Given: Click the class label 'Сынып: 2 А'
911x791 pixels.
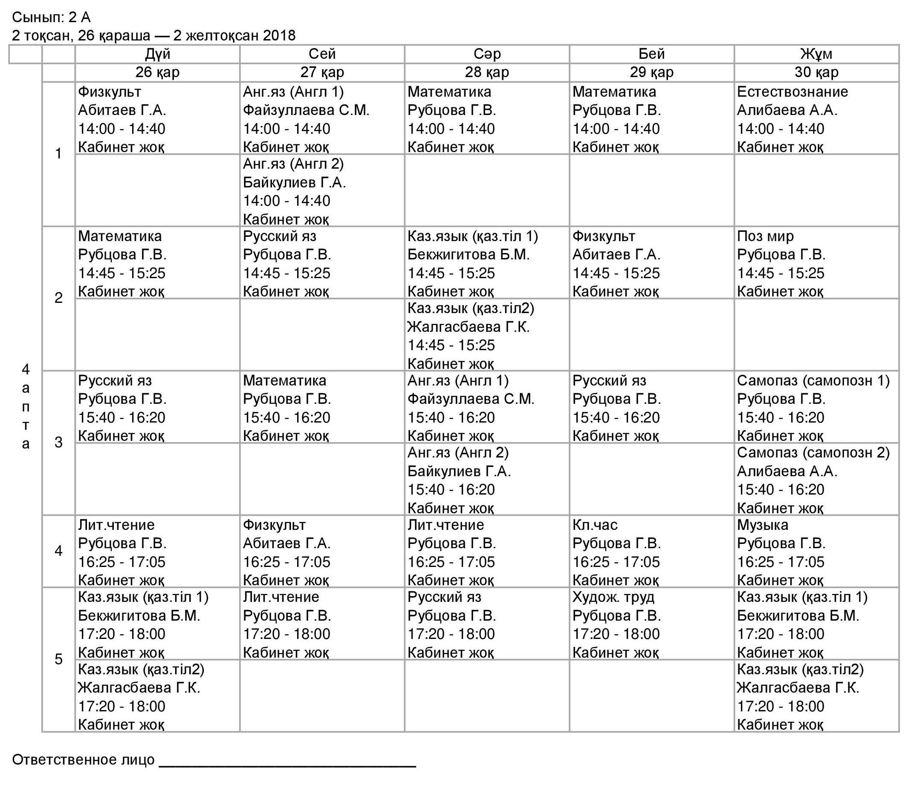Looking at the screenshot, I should (x=51, y=17).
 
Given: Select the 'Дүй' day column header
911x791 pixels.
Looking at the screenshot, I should (x=157, y=54).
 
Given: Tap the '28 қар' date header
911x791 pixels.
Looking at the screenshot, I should (x=487, y=72).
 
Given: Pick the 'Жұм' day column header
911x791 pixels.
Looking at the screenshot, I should (x=816, y=54).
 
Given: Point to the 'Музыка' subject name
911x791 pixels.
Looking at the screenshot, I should (x=762, y=525).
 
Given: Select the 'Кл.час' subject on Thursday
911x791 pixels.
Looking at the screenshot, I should (x=595, y=525).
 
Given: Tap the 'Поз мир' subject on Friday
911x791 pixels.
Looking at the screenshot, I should (x=765, y=236).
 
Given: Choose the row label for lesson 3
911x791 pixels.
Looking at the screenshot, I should (x=58, y=443).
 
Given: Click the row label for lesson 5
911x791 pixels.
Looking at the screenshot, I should (x=58, y=659).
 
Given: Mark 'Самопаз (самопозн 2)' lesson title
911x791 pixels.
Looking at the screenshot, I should (x=813, y=453).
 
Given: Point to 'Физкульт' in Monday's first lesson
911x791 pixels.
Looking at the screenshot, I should (x=110, y=92).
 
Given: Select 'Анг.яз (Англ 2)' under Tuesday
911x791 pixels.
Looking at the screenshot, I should (x=293, y=164).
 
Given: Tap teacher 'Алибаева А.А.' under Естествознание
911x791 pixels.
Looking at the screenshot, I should (x=787, y=110).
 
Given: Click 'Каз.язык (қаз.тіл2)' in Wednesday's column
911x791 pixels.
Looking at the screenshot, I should (x=471, y=308).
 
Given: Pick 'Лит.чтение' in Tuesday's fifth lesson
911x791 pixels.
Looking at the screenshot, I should (x=281, y=597).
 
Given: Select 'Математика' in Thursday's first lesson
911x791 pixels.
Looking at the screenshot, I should (x=614, y=92).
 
